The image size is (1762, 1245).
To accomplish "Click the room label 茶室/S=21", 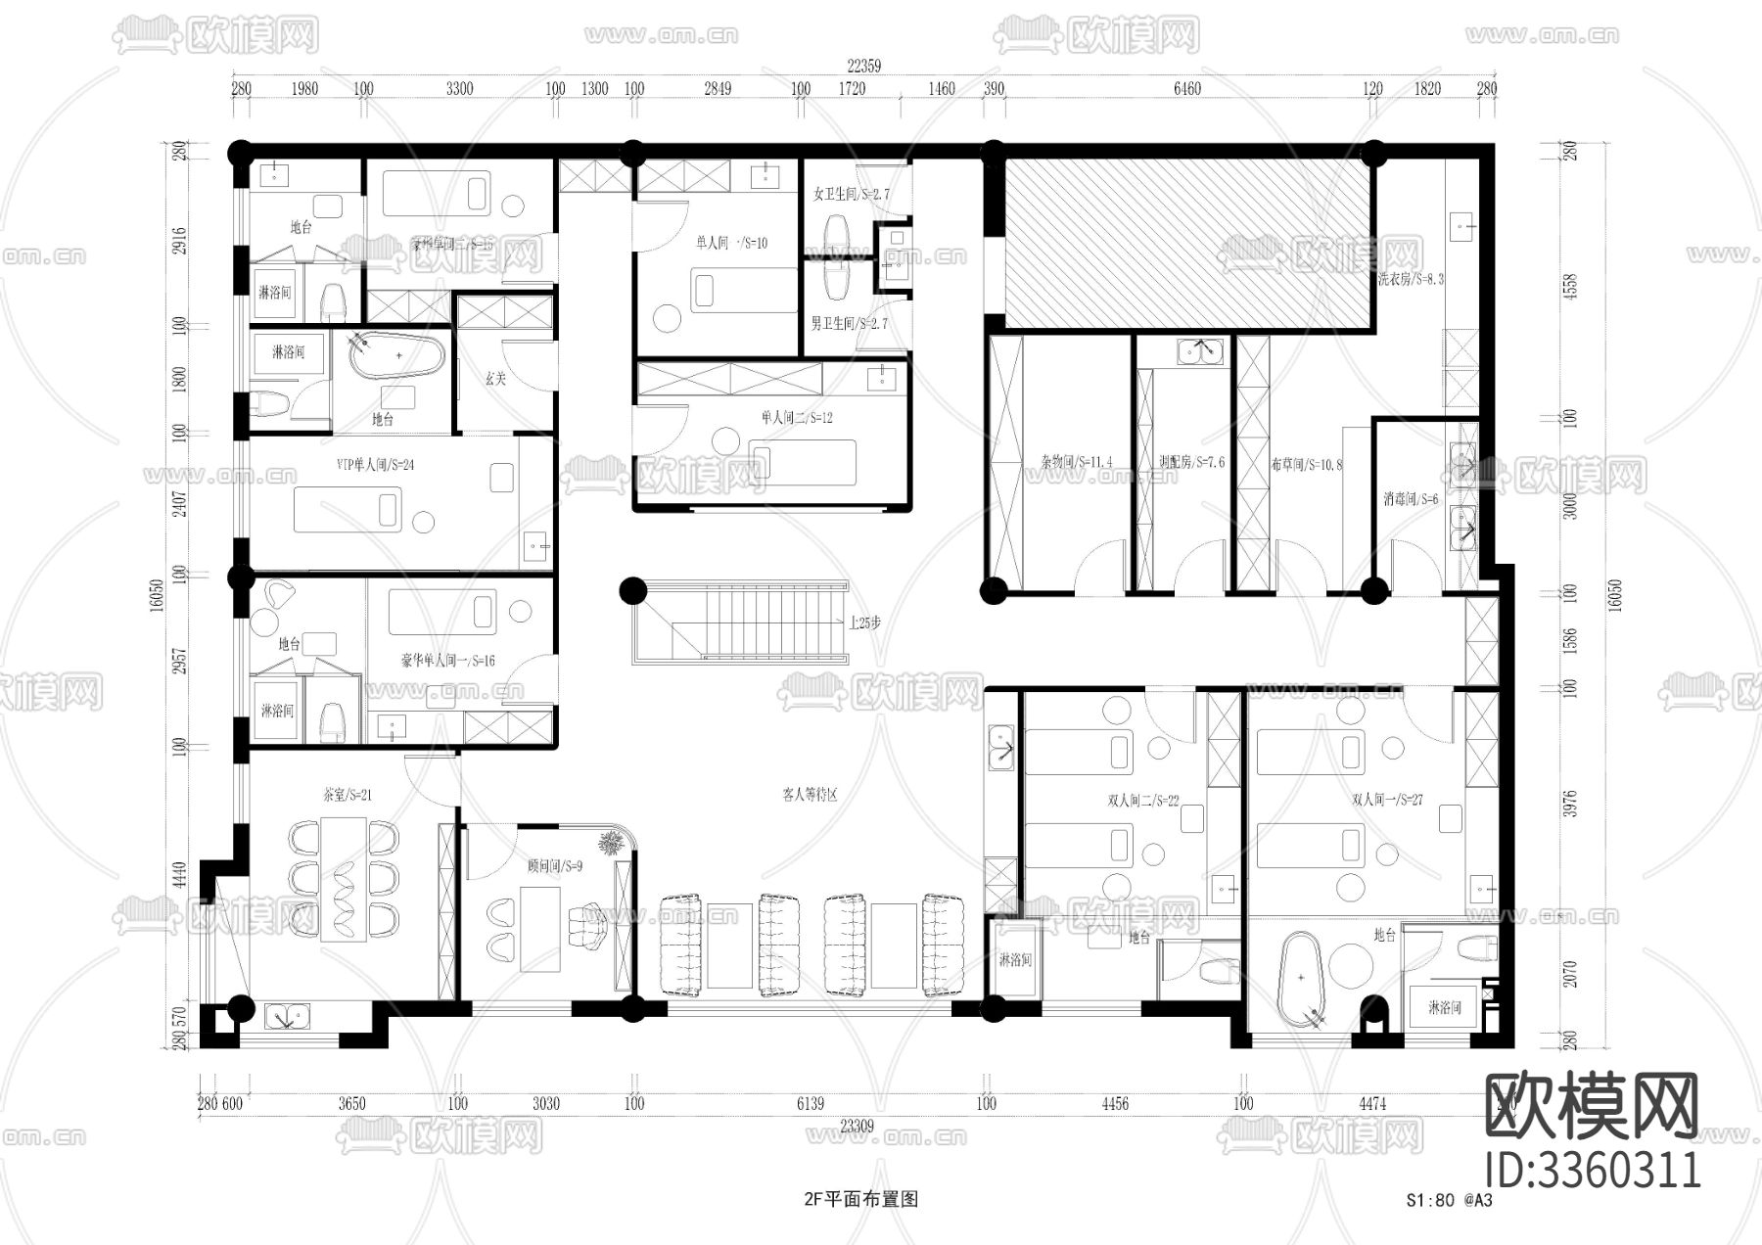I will tap(348, 795).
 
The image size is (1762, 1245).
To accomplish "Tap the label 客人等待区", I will tap(810, 795).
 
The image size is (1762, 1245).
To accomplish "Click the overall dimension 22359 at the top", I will tap(863, 67).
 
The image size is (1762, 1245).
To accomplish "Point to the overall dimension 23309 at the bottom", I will tap(857, 1126).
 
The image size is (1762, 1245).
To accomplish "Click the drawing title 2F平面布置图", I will tap(860, 1198).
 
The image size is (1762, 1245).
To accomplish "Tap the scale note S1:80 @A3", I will tap(1449, 1200).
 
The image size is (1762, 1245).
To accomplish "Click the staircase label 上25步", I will tap(864, 622).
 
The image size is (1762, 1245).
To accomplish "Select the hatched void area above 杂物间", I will tap(1186, 245).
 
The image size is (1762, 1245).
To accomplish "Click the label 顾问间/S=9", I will tap(554, 866).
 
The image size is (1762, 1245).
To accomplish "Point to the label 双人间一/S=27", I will tap(1387, 800).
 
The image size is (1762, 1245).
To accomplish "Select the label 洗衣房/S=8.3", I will tap(1411, 279).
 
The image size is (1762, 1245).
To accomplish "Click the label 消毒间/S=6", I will tap(1411, 499).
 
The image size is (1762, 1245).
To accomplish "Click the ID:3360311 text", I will tap(1593, 1170).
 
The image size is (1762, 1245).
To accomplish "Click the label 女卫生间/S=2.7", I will tap(852, 195).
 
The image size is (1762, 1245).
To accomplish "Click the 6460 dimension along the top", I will tap(1186, 89).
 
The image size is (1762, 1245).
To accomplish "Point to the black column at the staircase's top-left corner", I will tap(633, 590).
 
